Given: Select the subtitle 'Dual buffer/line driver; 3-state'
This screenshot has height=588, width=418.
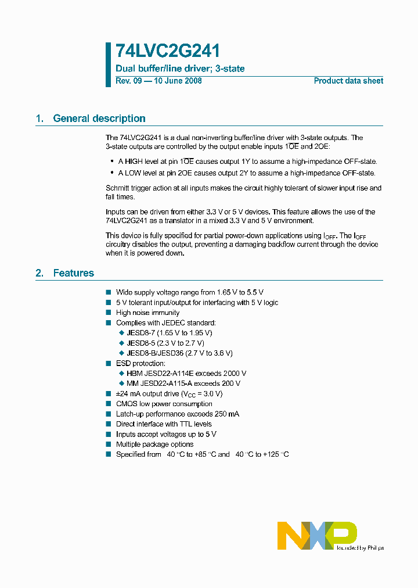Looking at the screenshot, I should click(180, 69).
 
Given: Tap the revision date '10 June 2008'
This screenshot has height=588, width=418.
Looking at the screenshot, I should click(177, 81).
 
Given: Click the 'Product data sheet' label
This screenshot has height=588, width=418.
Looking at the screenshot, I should click(348, 81).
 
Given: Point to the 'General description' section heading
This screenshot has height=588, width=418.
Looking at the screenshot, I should click(99, 119).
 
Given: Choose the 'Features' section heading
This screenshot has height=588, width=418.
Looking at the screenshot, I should click(73, 273).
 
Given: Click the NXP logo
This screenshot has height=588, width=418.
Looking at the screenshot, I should click(316, 535).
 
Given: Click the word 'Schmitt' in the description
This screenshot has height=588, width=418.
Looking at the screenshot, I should click(118, 188).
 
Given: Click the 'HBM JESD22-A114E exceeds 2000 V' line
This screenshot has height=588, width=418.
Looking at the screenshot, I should click(186, 374).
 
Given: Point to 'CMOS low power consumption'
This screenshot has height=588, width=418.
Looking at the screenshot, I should click(164, 404).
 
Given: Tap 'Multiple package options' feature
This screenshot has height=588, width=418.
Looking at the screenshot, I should click(154, 444).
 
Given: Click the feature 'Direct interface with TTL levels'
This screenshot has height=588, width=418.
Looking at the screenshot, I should click(164, 424).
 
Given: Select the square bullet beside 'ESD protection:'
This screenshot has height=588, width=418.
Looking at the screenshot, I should click(109, 363).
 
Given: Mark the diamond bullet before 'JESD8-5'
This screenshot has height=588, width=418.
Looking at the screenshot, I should click(122, 343).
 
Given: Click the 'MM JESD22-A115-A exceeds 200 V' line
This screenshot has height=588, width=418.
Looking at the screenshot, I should click(183, 383).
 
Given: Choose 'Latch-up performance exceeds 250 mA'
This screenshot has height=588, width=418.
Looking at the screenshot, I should click(177, 414).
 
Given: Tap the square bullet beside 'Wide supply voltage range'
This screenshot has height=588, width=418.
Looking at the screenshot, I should click(109, 292).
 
